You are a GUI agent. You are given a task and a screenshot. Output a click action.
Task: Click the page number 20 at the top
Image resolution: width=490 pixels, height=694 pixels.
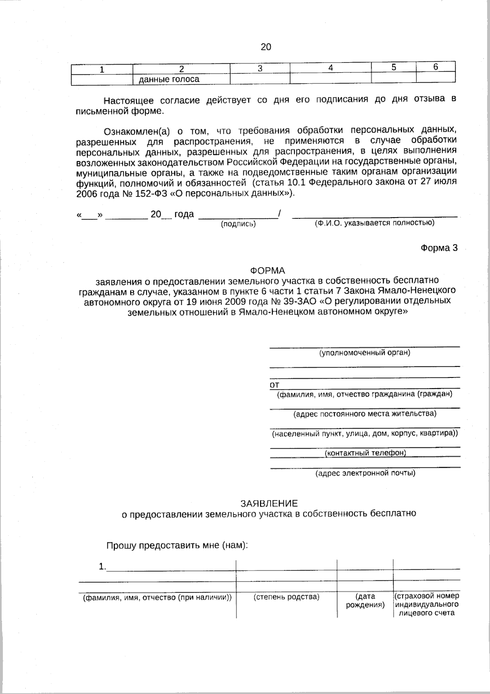(x=266, y=47)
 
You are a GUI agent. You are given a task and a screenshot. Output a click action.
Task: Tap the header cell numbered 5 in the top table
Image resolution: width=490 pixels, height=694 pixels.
(x=394, y=67)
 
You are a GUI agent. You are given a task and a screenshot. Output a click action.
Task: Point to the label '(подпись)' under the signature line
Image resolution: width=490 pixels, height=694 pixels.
(x=238, y=224)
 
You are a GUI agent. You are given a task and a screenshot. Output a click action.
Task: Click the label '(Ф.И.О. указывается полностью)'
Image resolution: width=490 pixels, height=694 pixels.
(x=374, y=223)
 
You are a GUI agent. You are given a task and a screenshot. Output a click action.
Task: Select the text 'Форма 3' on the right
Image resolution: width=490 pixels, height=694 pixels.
(x=439, y=248)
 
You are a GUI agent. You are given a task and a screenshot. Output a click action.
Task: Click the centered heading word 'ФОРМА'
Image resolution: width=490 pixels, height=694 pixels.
(x=267, y=271)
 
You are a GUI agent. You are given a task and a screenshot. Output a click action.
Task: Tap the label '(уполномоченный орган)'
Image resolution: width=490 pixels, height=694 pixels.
(x=365, y=352)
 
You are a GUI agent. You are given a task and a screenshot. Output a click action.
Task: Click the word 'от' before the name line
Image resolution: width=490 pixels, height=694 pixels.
(x=274, y=385)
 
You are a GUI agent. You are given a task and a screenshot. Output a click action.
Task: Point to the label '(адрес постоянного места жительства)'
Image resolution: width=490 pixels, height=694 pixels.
(x=365, y=413)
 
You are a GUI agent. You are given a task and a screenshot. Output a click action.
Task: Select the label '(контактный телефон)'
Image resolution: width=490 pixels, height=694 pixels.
(x=365, y=453)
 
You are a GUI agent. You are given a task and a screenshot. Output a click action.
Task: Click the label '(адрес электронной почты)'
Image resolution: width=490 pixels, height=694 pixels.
(x=365, y=473)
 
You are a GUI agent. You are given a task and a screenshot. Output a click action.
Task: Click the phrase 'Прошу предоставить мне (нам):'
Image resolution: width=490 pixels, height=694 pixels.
(x=177, y=546)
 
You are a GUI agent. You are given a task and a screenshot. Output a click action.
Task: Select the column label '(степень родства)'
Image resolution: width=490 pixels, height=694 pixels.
(x=286, y=597)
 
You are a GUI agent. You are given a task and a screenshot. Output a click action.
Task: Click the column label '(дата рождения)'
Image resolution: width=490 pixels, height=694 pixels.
(x=365, y=601)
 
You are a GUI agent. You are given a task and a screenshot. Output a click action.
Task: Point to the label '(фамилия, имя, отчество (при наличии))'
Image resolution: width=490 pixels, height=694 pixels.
(x=157, y=597)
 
